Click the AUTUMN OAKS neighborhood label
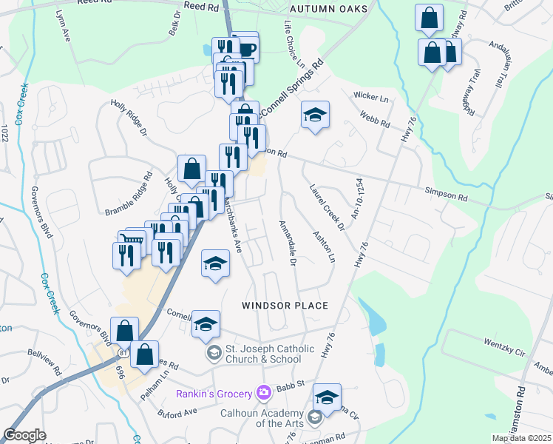[322, 9]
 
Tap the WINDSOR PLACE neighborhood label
[285, 305]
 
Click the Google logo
[24, 435]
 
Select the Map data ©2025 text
[521, 438]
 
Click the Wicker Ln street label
[371, 97]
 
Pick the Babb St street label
[291, 384]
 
